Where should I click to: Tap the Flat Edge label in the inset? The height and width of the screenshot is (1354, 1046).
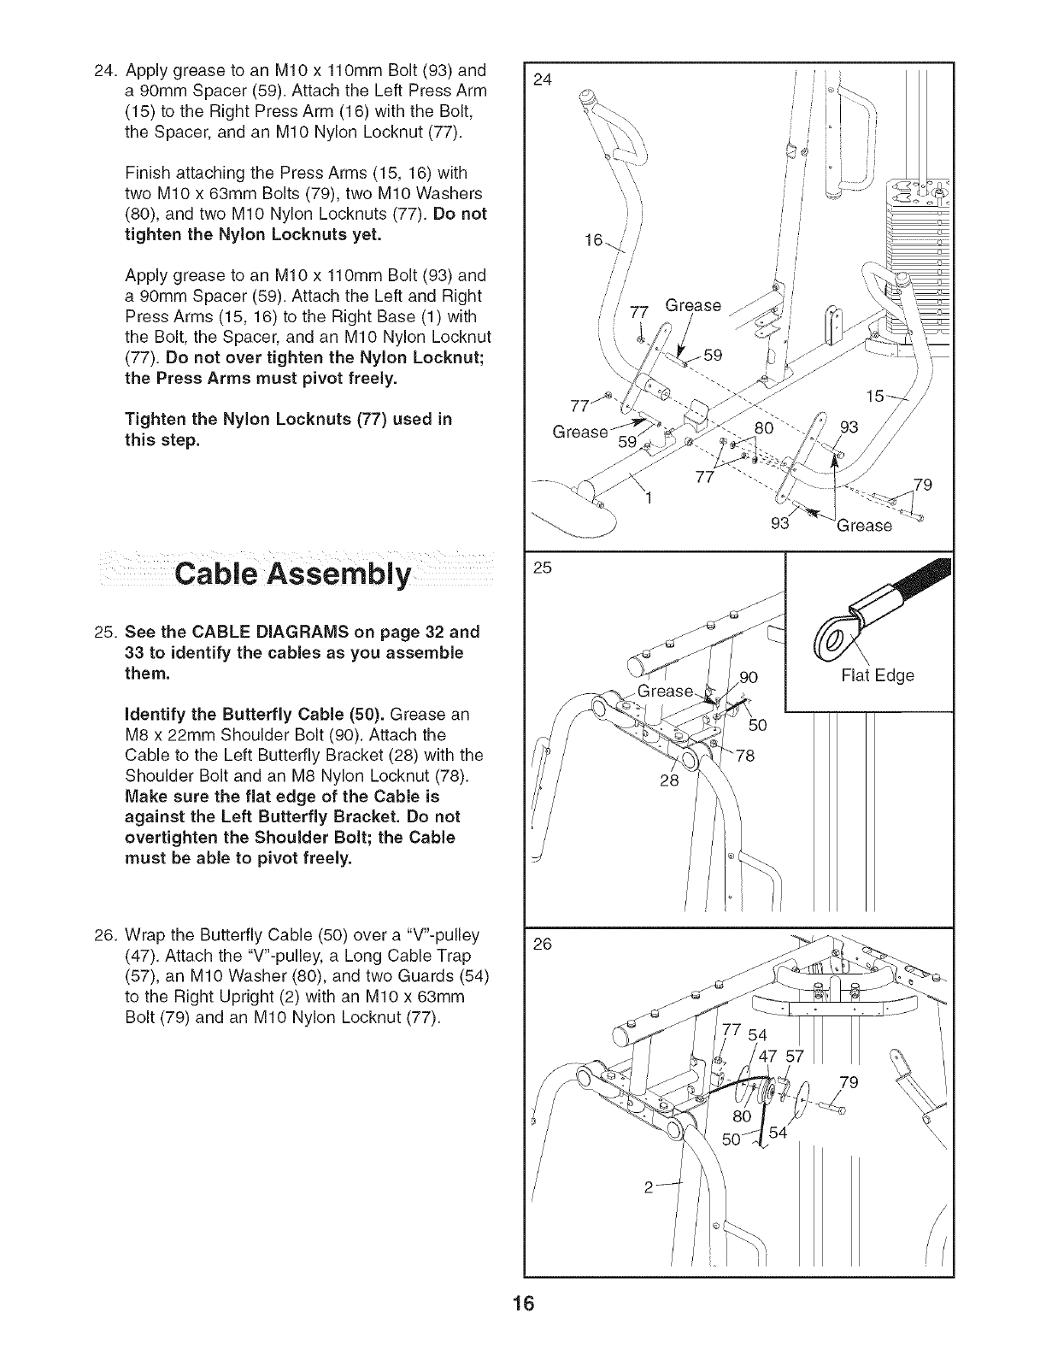pos(878,675)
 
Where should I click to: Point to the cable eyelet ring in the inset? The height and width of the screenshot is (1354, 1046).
pos(830,630)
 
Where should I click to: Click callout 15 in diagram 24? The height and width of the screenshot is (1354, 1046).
pos(875,397)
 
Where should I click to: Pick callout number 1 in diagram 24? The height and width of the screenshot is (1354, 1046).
pos(649,500)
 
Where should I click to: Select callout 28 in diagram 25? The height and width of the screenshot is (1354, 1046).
pos(669,781)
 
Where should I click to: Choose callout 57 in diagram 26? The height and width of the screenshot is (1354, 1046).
pos(794,1056)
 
